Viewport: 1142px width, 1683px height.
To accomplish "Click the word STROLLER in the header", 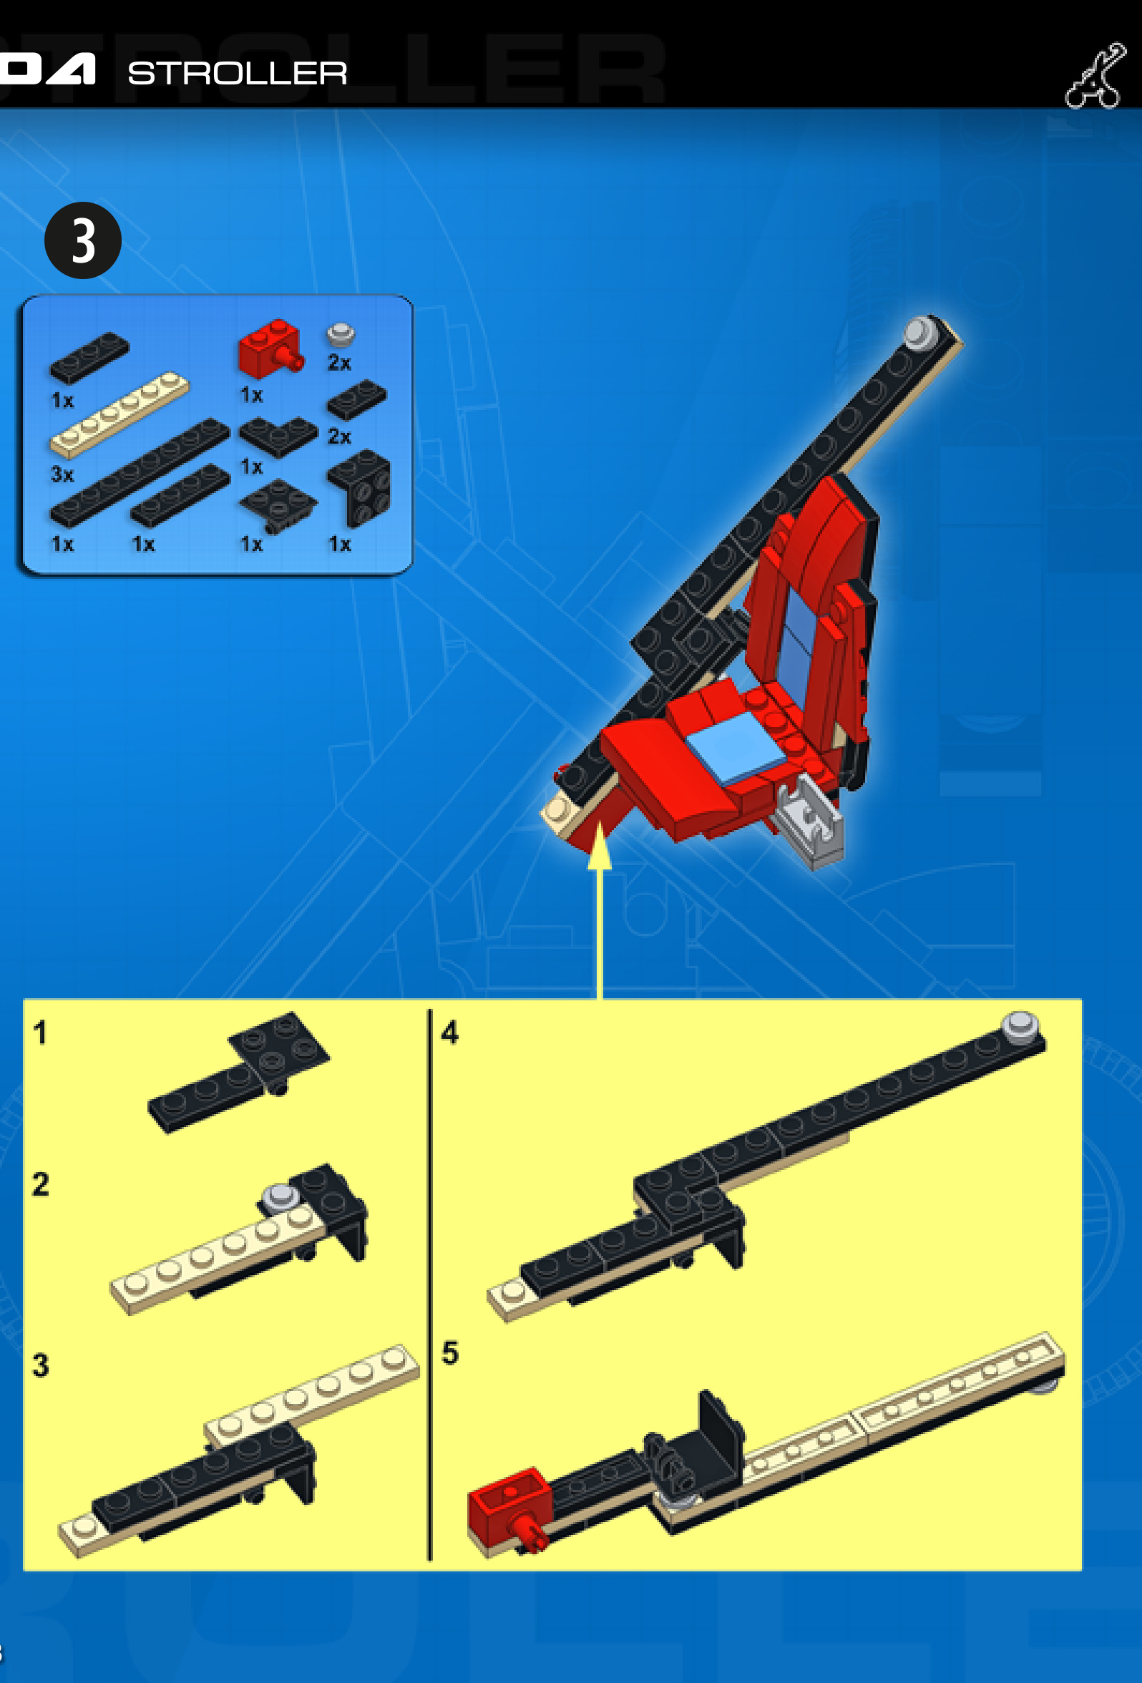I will click(238, 73).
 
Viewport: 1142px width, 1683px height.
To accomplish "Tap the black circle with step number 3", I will click(82, 240).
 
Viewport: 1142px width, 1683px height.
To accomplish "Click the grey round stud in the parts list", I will click(340, 334).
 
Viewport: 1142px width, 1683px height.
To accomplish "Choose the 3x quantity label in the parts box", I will click(62, 474).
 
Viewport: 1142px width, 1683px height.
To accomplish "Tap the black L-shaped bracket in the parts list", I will click(360, 487).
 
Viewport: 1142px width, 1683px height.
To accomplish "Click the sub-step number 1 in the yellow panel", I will click(41, 1033).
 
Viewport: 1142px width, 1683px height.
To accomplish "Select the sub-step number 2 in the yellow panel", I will click(41, 1185).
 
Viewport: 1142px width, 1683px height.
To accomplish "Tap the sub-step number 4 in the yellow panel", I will click(449, 1033).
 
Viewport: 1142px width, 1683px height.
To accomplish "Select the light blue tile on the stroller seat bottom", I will click(735, 746).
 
